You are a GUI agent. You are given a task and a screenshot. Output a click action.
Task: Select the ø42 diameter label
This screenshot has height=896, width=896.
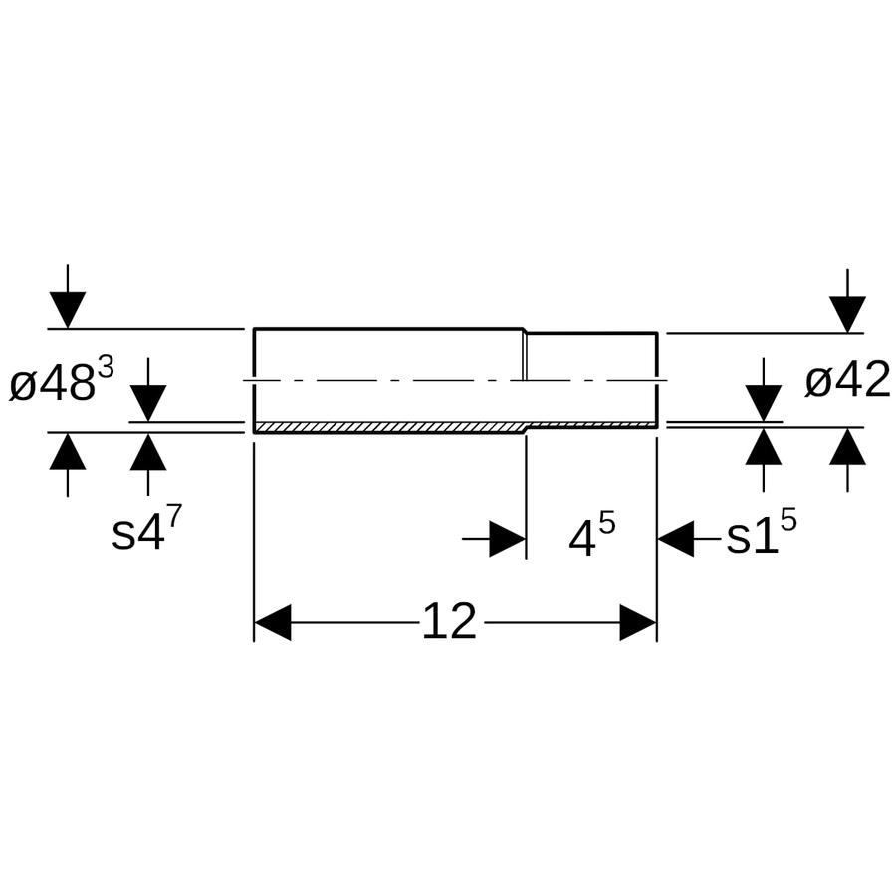click(x=847, y=380)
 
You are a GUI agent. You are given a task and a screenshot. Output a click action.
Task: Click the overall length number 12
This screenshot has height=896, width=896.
click(x=449, y=621)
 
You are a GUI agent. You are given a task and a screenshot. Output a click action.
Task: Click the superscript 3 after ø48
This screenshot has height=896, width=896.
click(x=106, y=369)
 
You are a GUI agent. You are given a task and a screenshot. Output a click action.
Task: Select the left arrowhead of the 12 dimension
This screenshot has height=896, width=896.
click(x=273, y=622)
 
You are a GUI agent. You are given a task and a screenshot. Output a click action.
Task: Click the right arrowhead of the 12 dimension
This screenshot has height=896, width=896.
click(x=638, y=622)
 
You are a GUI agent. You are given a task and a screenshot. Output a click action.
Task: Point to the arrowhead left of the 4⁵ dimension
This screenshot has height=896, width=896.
click(x=508, y=538)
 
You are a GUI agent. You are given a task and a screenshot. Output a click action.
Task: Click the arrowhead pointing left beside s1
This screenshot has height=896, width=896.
click(x=676, y=538)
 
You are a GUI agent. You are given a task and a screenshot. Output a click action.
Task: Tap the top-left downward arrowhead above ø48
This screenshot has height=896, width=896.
click(x=68, y=310)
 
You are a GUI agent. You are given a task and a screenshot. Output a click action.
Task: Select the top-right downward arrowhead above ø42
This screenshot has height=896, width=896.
click(x=847, y=314)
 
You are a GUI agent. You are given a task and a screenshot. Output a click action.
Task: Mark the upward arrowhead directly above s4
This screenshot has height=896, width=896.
click(x=148, y=451)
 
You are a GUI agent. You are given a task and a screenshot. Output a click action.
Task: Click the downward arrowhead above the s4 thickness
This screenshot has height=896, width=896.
click(x=148, y=403)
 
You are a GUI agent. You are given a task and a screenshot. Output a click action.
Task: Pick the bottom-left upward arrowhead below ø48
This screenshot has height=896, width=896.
click(x=68, y=451)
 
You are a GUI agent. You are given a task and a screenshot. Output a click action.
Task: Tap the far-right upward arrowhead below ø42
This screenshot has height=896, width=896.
click(x=847, y=446)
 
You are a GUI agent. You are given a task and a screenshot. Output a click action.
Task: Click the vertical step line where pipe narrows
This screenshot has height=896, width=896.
click(x=525, y=355)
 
